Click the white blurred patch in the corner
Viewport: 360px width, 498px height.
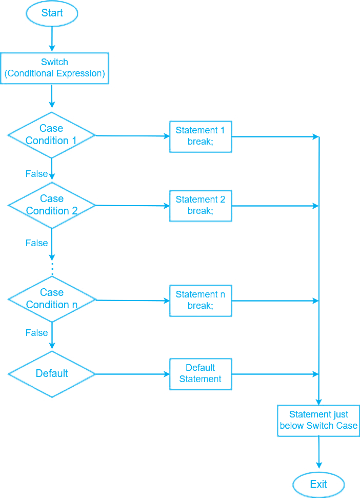[336, 36]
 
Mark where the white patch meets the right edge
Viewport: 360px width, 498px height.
[358, 62]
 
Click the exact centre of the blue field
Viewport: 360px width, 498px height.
[180, 249]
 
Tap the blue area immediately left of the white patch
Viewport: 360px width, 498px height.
[267, 31]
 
